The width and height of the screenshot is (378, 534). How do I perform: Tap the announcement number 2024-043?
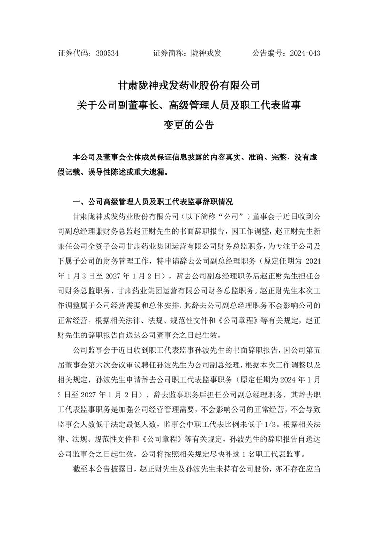click(305, 53)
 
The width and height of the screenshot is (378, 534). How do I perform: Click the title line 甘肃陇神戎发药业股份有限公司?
click(189, 86)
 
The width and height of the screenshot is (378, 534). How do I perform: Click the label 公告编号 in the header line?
click(267, 53)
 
